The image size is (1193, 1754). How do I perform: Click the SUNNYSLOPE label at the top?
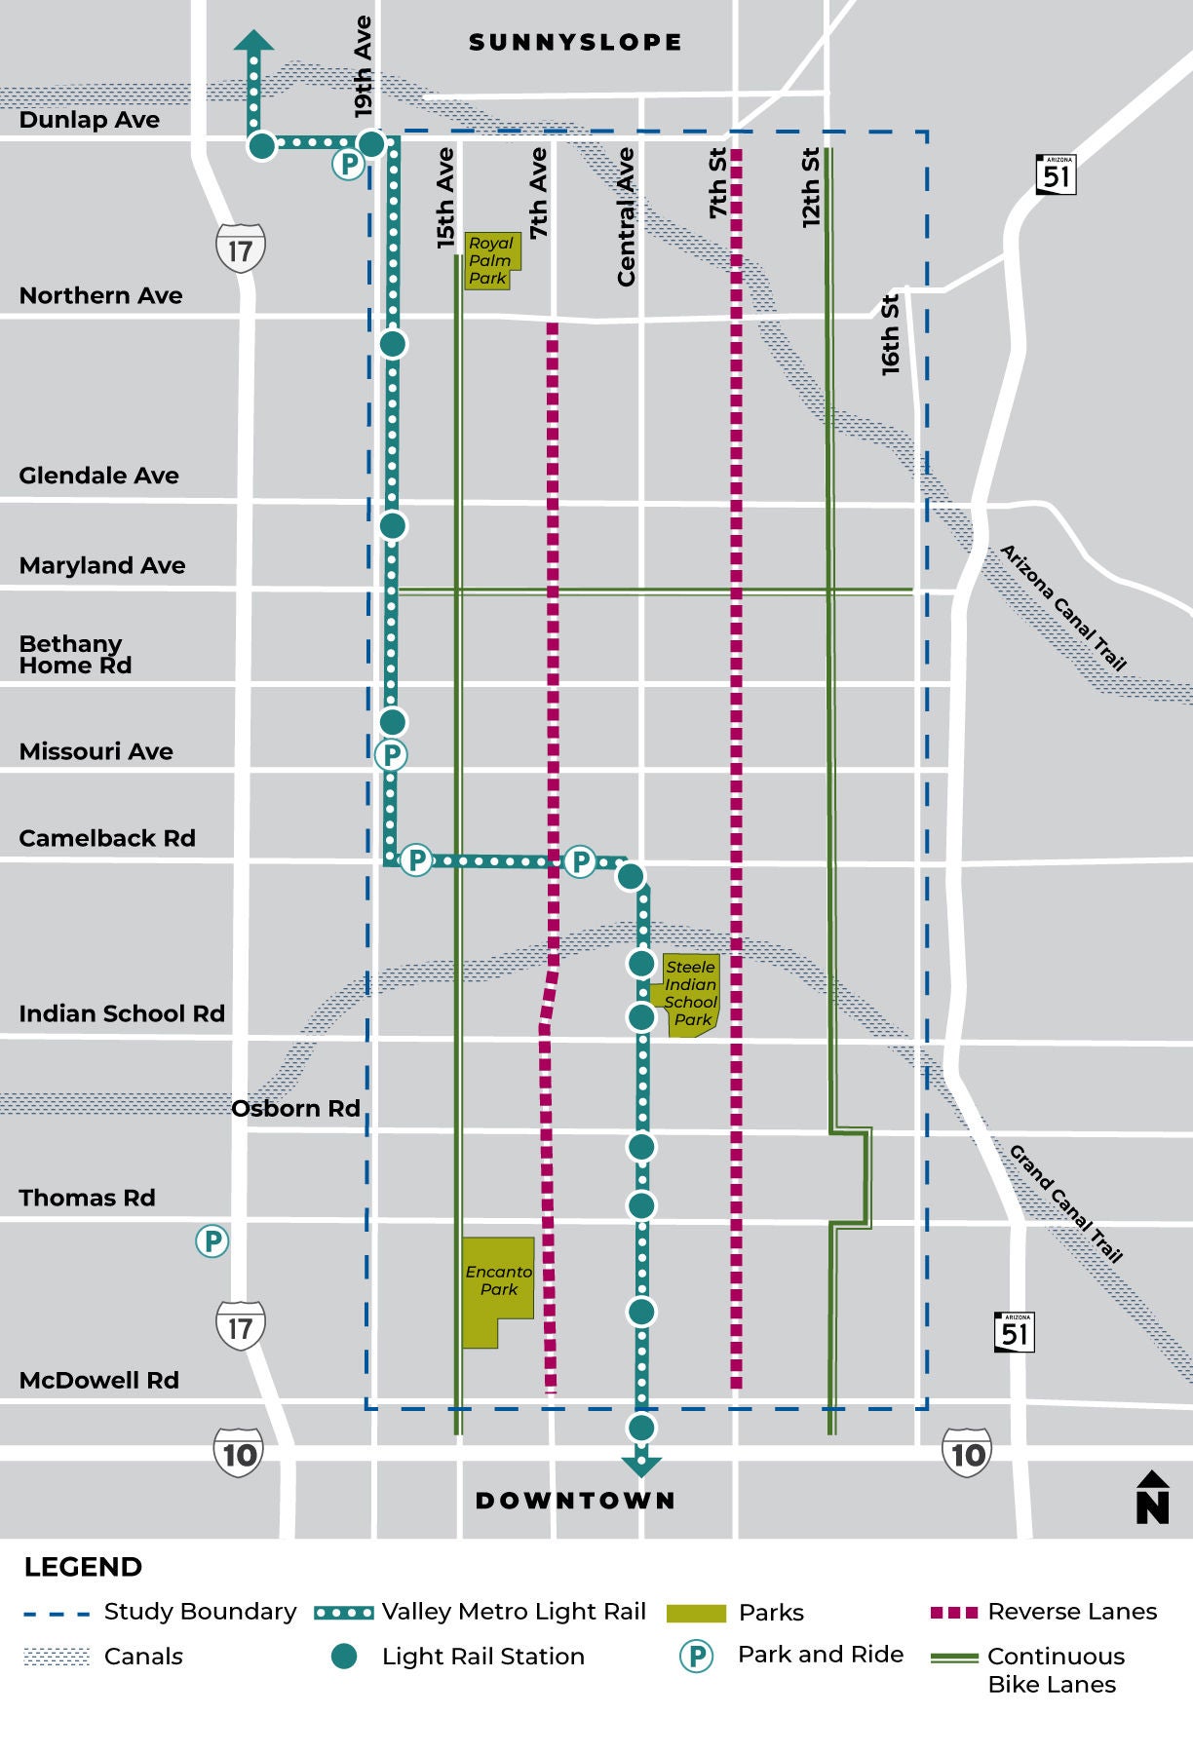(575, 43)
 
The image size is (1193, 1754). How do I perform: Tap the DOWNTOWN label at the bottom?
(575, 1500)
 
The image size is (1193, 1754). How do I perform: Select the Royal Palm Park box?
(491, 260)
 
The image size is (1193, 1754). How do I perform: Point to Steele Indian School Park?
(690, 994)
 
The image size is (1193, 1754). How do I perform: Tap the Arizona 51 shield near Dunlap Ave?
(1056, 174)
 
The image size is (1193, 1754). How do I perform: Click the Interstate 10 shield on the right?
(967, 1453)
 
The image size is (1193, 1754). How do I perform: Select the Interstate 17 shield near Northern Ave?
(240, 249)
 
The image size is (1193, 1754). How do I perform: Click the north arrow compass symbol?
(1152, 1498)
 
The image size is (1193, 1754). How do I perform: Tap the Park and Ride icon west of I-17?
(212, 1241)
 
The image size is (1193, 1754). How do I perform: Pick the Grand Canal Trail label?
(1065, 1204)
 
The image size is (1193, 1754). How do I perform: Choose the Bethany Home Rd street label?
(75, 655)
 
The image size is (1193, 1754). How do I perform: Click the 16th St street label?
(890, 334)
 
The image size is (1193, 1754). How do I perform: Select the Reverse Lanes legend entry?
(1071, 1612)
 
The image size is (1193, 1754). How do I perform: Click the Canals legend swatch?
(57, 1657)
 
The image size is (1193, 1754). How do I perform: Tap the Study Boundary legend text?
(200, 1612)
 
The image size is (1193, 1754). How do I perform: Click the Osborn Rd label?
(295, 1109)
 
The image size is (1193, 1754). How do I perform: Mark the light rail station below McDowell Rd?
(641, 1428)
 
